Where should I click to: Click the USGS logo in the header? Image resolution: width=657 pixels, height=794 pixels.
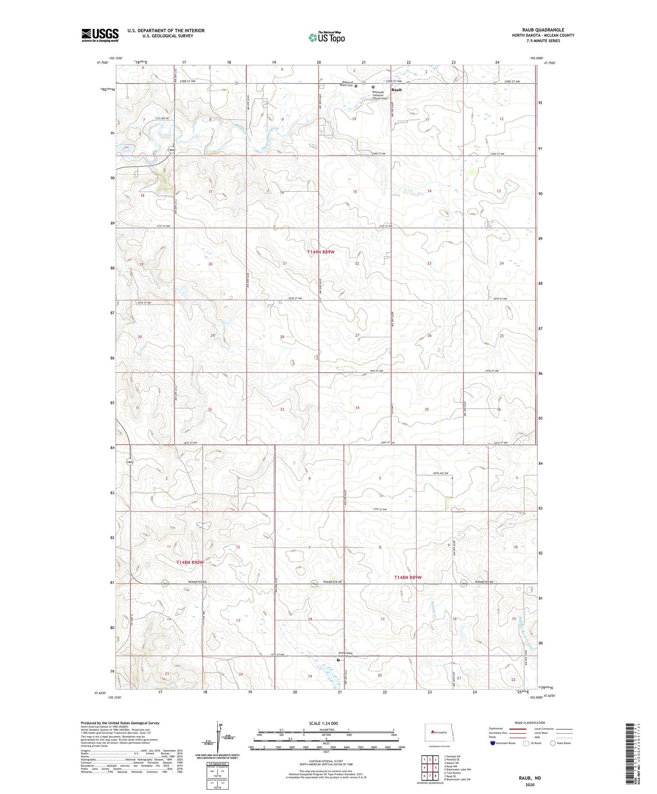coord(100,35)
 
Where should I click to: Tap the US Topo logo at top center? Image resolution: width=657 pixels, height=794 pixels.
coord(326,38)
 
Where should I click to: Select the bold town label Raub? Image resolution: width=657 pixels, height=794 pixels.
coord(396,90)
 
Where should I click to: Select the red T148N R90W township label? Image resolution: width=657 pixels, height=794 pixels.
coord(190,562)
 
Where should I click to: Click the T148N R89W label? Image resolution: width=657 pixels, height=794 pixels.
coord(407,578)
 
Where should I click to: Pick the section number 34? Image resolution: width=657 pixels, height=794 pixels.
coord(357,408)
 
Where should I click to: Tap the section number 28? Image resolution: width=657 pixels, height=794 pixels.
coord(283,337)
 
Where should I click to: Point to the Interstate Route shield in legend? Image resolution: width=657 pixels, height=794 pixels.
coord(493,743)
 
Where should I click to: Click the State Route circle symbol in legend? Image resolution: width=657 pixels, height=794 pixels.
coord(553,743)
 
